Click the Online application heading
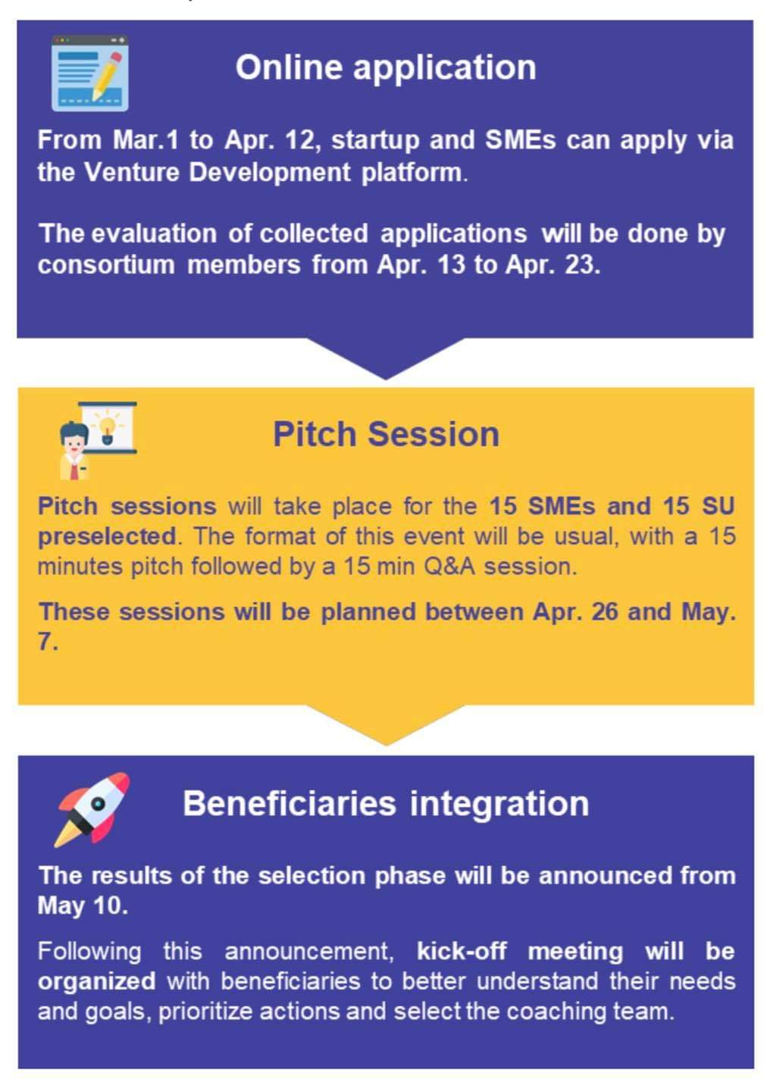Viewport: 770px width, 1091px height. tap(386, 68)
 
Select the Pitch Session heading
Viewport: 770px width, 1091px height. tap(386, 434)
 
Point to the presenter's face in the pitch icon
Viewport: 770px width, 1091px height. tap(74, 444)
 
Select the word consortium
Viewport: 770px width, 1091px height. tap(106, 265)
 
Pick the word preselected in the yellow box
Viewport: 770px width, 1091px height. tap(107, 536)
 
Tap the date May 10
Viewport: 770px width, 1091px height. tap(83, 905)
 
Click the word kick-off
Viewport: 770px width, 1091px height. tap(461, 951)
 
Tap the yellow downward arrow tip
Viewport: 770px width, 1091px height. tap(386, 745)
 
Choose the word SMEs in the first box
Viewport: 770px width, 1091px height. tap(520, 140)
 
